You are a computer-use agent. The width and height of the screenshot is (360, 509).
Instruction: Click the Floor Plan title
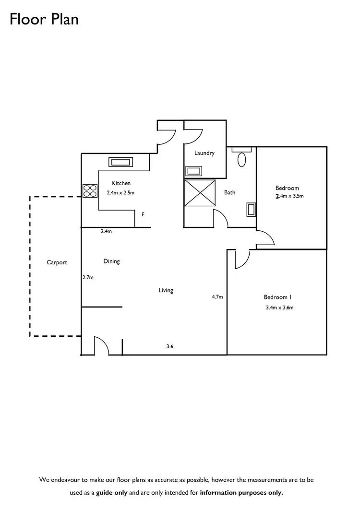44,20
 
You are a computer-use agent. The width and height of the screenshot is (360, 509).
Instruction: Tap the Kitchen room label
121,183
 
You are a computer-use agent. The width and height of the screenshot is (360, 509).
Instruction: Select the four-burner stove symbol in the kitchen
90,191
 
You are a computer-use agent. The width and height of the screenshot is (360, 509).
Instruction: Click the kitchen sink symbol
120,162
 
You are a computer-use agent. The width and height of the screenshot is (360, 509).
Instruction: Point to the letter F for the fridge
143,214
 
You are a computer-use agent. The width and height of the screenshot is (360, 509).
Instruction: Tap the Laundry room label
204,153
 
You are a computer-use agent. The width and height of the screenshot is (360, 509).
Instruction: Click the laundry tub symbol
194,171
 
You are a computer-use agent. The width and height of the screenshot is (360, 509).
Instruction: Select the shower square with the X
200,193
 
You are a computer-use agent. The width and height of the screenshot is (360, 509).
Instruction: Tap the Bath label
229,192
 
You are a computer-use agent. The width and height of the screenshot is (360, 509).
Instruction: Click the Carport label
57,262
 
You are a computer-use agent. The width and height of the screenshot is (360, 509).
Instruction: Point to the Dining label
111,261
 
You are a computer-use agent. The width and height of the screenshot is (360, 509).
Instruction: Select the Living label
166,290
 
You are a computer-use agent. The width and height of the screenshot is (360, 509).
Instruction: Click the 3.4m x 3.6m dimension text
279,308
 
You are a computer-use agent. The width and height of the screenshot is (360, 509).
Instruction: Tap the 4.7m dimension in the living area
217,297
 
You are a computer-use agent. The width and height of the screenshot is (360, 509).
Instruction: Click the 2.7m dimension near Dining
88,277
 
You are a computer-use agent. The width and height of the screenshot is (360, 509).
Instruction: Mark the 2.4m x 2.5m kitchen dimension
120,193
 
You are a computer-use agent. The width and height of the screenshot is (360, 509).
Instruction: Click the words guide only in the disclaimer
112,492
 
